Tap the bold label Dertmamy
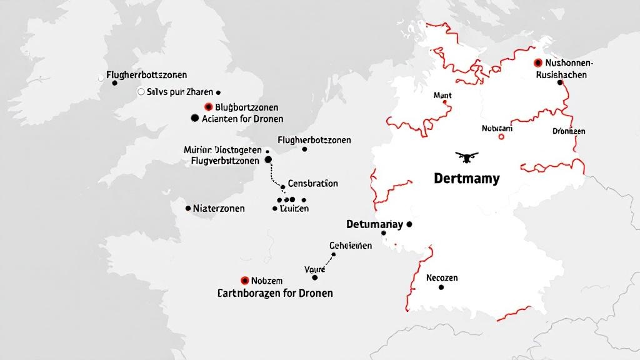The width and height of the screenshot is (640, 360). coord(466,179)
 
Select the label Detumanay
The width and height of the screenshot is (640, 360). coord(374,224)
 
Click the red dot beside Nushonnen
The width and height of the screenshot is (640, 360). coord(537,63)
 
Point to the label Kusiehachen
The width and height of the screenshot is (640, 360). coord(561,74)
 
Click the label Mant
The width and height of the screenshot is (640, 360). coord(442,96)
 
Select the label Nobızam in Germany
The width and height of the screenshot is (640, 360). coord(497,128)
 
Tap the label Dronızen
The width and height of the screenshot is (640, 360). coord(569,131)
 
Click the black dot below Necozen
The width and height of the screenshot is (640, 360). coord(441,287)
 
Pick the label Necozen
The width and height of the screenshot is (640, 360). coord(442,277)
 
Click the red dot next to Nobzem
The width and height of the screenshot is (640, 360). coord(245,281)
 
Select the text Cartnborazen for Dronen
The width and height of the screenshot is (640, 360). coord(275,292)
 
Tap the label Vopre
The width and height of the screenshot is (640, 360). coord(315,269)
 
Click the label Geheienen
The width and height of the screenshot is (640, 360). coord(350,246)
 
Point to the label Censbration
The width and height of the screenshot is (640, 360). coord(313,184)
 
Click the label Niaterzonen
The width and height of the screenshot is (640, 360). coord(219,208)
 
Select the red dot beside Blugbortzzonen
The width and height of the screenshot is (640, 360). coord(209,107)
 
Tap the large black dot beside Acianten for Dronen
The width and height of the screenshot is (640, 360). coord(194,118)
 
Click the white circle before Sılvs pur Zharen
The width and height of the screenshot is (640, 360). coord(141,91)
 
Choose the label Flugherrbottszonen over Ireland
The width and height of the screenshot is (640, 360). coord(147,75)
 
